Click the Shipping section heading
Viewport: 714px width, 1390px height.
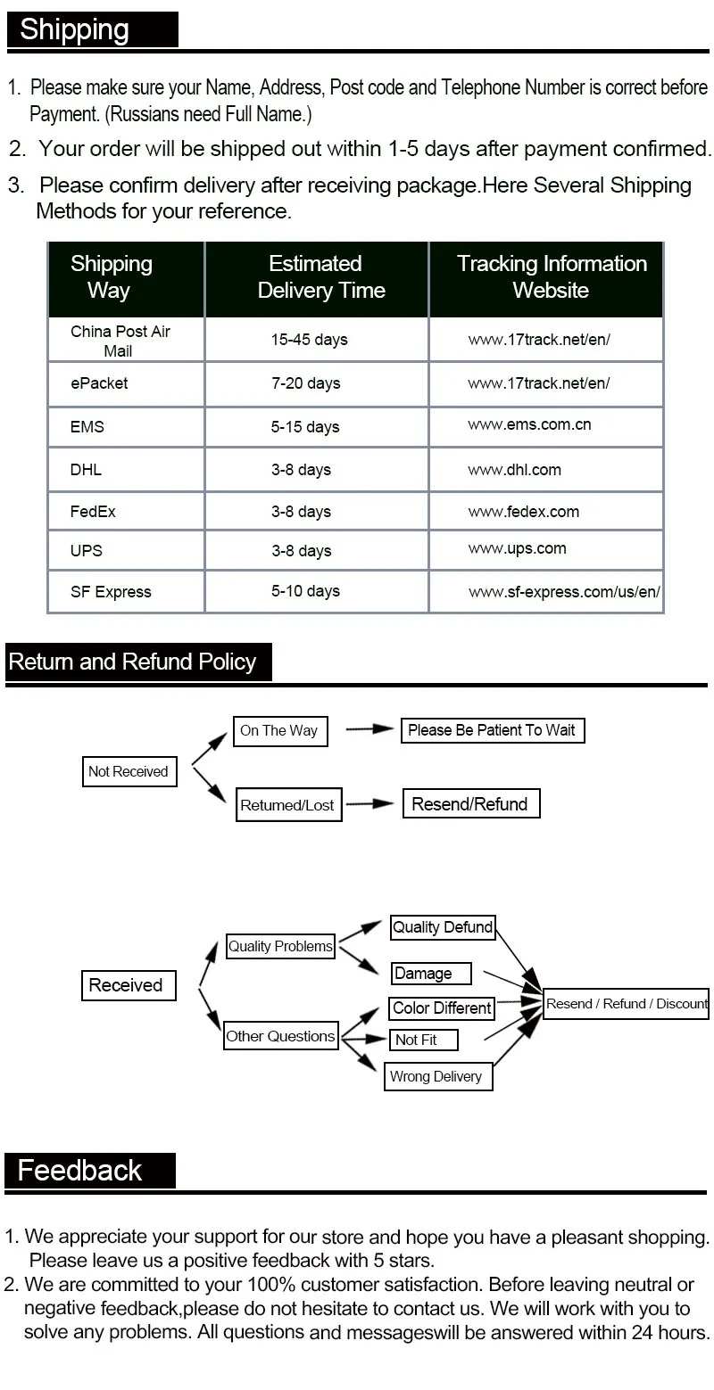(75, 29)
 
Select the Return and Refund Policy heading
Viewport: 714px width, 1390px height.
(132, 662)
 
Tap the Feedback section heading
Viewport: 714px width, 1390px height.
(80, 1170)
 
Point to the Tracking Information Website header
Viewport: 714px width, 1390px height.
(551, 277)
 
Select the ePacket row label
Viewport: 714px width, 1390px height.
(99, 383)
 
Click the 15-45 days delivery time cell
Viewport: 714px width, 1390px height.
(310, 340)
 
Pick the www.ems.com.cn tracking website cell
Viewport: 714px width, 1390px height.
(529, 425)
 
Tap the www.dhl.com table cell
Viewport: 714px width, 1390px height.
(514, 470)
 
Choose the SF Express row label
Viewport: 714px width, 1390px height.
(111, 592)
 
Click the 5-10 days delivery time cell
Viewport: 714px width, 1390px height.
(305, 591)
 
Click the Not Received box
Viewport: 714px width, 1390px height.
(129, 771)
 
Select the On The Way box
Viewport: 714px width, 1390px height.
(279, 731)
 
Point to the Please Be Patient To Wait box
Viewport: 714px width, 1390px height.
(492, 730)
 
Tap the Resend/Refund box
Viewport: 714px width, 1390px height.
(470, 804)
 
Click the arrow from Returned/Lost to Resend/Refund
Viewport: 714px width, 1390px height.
(369, 804)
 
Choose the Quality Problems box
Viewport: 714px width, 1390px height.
(280, 946)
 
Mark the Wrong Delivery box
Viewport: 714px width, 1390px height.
(436, 1076)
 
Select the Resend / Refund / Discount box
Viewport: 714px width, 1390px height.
(626, 1004)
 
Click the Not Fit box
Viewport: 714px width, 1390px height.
(424, 1040)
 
